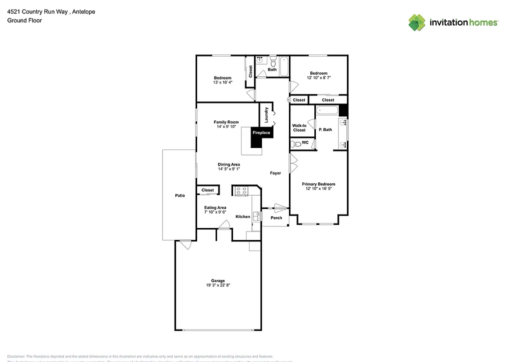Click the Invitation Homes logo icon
click(x=417, y=22)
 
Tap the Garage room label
click(x=218, y=280)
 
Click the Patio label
click(x=180, y=195)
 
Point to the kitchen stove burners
click(x=242, y=190)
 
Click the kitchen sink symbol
click(x=256, y=216)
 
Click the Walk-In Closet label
click(x=299, y=128)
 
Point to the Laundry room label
click(x=267, y=115)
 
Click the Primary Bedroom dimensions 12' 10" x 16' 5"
click(x=318, y=188)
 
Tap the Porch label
click(x=276, y=217)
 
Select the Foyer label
click(x=275, y=173)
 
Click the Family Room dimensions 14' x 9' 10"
click(x=226, y=126)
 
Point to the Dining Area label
click(x=229, y=164)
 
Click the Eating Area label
click(x=215, y=207)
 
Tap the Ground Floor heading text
click(x=24, y=20)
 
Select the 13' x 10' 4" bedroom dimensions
click(x=223, y=82)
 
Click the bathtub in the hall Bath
click(x=284, y=66)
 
